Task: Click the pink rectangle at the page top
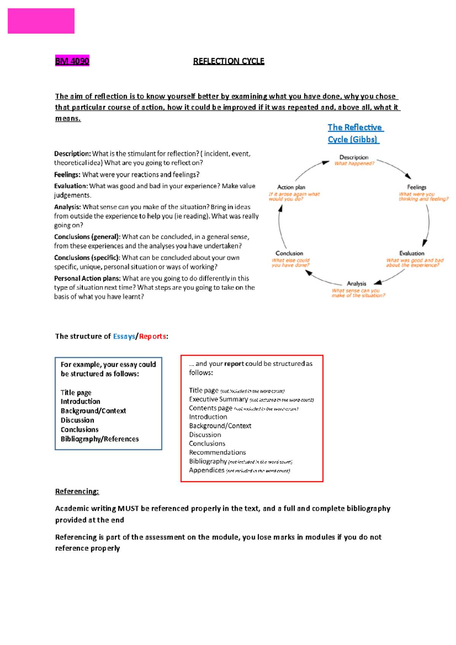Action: (41, 21)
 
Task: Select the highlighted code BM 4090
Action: (72, 61)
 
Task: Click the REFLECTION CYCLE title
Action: (228, 61)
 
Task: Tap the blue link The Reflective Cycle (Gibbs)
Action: (355, 133)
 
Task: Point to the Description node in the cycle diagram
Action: (354, 157)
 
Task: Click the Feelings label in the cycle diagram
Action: (416, 187)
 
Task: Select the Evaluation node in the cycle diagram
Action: (412, 253)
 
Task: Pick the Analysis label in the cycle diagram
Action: (356, 284)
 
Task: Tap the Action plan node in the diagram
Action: (291, 187)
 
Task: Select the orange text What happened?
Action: (354, 164)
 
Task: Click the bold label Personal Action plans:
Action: (87, 278)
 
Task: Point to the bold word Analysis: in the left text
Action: (67, 207)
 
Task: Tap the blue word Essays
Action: (124, 337)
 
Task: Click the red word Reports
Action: (152, 337)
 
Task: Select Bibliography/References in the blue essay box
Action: (100, 439)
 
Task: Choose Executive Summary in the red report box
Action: (218, 399)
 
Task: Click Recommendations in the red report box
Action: (217, 452)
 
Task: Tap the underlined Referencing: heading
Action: (77, 492)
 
